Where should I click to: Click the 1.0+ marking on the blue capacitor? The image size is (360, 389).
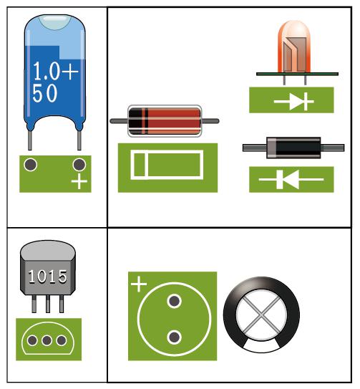pyautogui.click(x=56, y=71)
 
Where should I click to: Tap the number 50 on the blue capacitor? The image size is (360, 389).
pyautogui.click(x=45, y=93)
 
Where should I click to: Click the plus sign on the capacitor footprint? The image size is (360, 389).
pyautogui.click(x=79, y=181)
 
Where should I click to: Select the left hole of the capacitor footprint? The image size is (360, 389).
pyautogui.click(x=31, y=165)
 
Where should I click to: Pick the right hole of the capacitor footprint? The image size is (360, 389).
pyautogui.click(x=79, y=165)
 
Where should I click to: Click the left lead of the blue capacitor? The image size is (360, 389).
pyautogui.click(x=30, y=140)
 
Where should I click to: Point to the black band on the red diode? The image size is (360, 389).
pyautogui.click(x=135, y=121)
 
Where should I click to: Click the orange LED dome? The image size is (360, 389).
pyautogui.click(x=294, y=47)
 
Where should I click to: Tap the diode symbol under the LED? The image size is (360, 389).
pyautogui.click(x=294, y=101)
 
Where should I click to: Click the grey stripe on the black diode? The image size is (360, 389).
pyautogui.click(x=271, y=148)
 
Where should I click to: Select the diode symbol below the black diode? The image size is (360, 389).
pyautogui.click(x=291, y=179)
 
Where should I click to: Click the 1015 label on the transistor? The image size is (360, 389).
pyautogui.click(x=47, y=277)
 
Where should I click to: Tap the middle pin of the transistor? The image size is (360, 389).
pyautogui.click(x=48, y=304)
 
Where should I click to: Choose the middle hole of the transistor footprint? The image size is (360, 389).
pyautogui.click(x=47, y=340)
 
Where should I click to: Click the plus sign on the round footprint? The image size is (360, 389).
pyautogui.click(x=139, y=284)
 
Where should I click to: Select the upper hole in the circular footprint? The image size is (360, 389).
pyautogui.click(x=175, y=301)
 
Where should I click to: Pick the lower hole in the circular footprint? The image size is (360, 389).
pyautogui.click(x=175, y=337)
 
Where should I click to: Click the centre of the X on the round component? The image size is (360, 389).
pyautogui.click(x=261, y=315)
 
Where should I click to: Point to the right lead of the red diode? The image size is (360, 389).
pyautogui.click(x=210, y=121)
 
